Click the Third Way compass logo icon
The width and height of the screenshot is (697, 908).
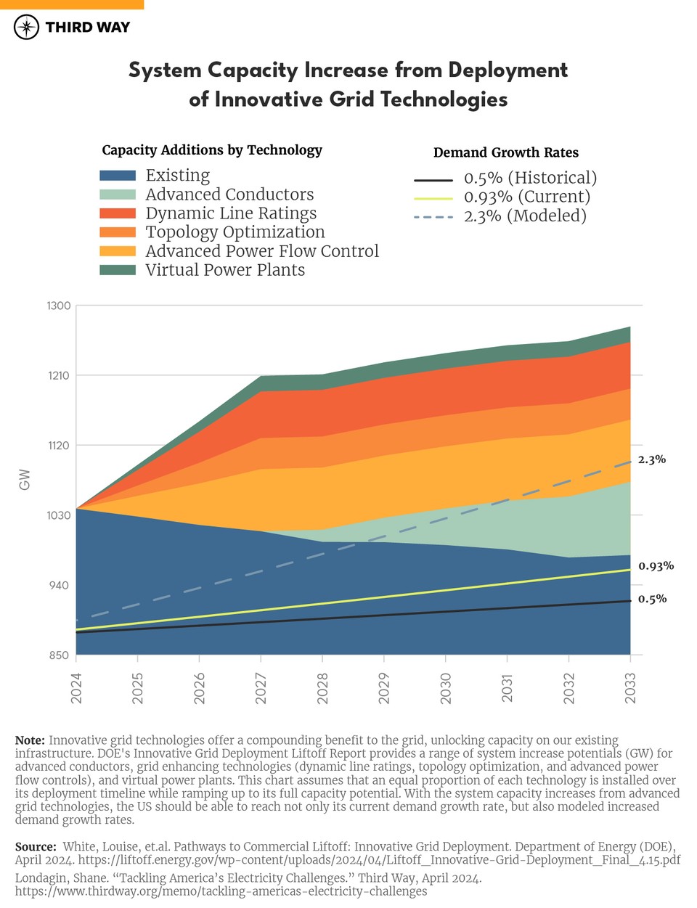coord(27,28)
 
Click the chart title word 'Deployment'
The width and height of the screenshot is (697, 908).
coord(508,70)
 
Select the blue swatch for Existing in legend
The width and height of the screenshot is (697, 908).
coord(118,176)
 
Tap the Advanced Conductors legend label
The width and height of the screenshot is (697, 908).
coord(229,195)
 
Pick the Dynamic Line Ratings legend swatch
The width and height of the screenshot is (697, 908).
coord(118,213)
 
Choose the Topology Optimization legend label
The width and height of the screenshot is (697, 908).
coord(235,232)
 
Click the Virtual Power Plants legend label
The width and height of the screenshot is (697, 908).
coord(225,270)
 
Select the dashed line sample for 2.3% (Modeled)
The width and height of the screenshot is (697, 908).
coord(433,216)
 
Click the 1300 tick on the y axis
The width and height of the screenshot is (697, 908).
coord(59,306)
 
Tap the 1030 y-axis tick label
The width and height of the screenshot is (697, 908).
coord(59,515)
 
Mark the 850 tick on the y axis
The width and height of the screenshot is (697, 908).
coord(59,655)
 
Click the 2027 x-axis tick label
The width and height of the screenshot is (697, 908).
coord(261,687)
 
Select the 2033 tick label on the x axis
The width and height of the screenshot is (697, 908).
coord(630,687)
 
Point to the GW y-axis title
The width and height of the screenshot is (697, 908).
coord(25,480)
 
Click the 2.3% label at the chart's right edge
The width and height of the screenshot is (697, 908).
coord(651,459)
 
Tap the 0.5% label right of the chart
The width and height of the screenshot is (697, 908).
coord(652,599)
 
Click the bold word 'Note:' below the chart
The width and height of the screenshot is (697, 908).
coord(30,740)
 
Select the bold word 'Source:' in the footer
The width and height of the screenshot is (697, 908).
coord(36,846)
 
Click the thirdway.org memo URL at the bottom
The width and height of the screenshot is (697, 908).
coord(221,891)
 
